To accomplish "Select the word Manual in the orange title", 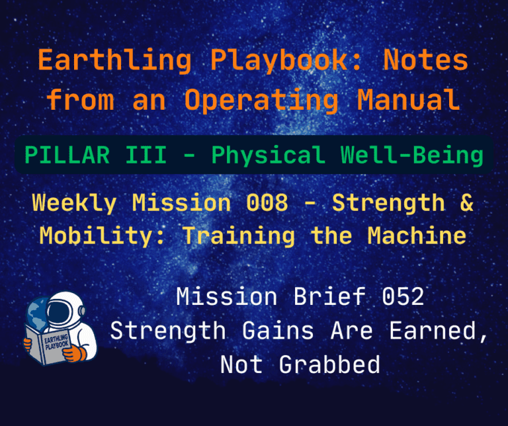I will pyautogui.click(x=408, y=101).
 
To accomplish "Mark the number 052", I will pyautogui.click(x=402, y=297).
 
